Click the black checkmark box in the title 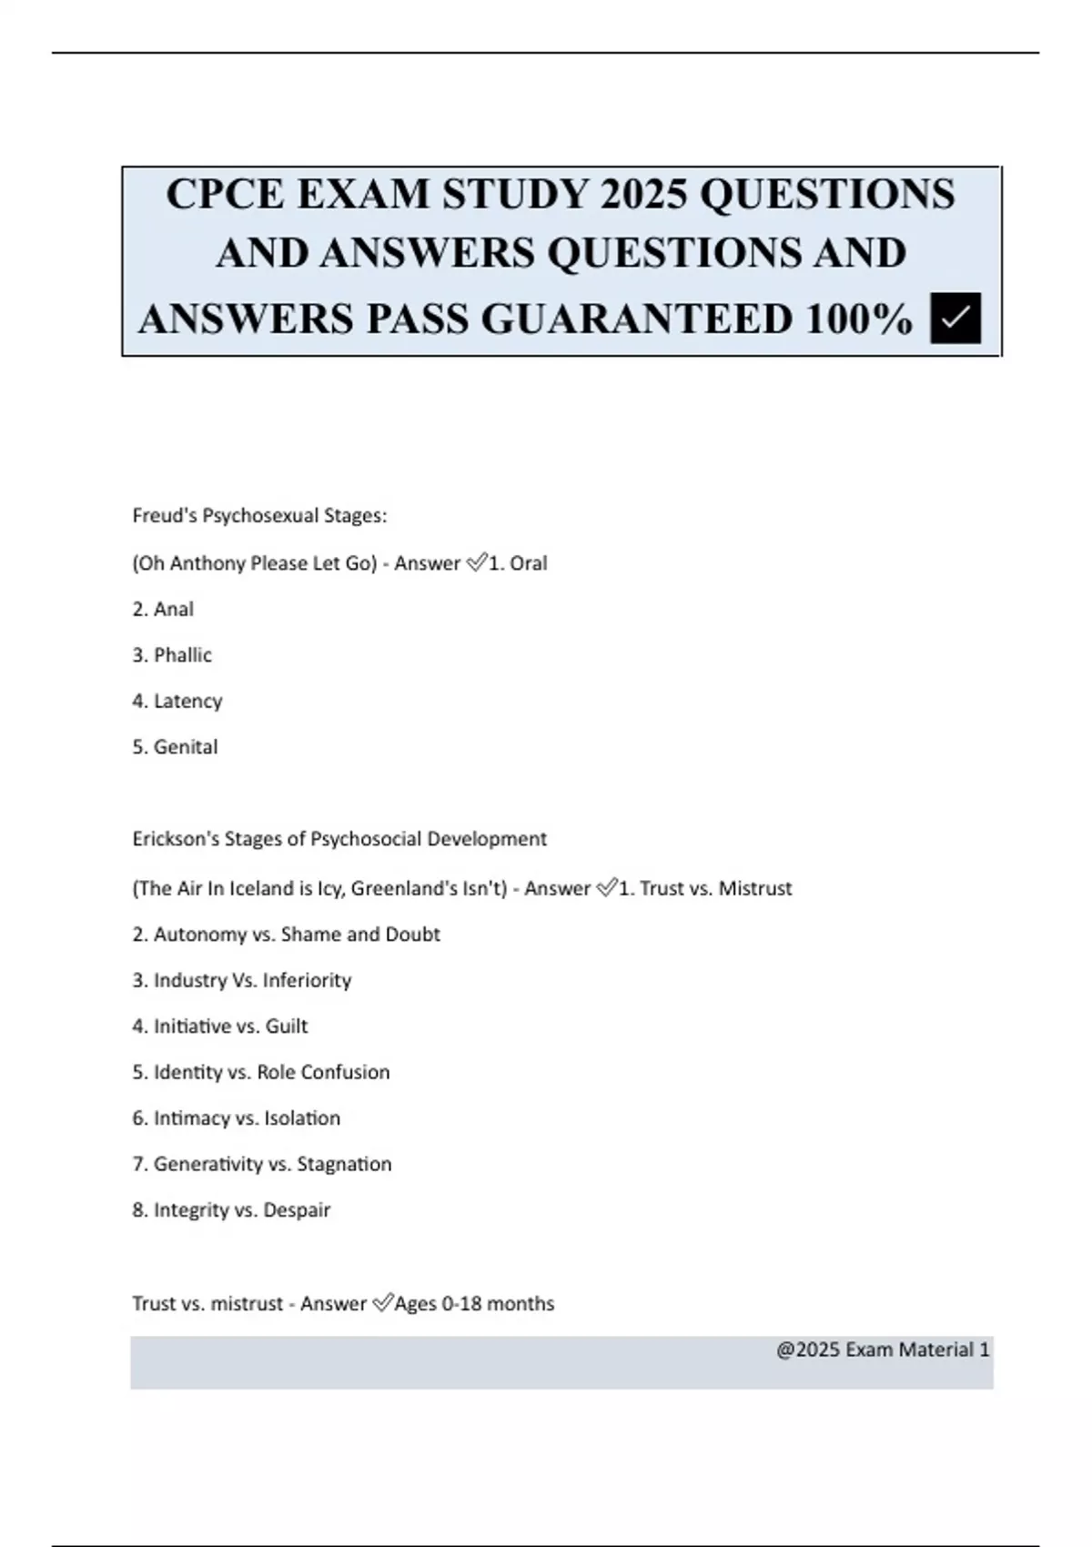(955, 318)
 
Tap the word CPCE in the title (225, 194)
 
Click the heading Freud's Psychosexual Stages (259, 516)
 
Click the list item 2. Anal (163, 610)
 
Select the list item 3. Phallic (172, 655)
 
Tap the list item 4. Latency (177, 701)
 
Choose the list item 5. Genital (175, 747)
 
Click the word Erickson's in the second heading (175, 839)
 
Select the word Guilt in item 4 (287, 1026)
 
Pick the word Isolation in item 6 (302, 1118)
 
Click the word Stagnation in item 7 (344, 1164)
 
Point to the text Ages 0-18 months (474, 1304)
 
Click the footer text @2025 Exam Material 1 (882, 1350)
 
